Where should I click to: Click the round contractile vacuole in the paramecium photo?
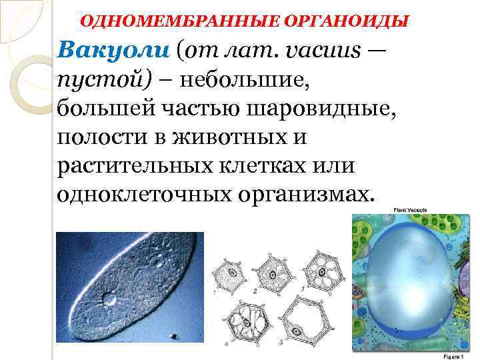tap(110, 299)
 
